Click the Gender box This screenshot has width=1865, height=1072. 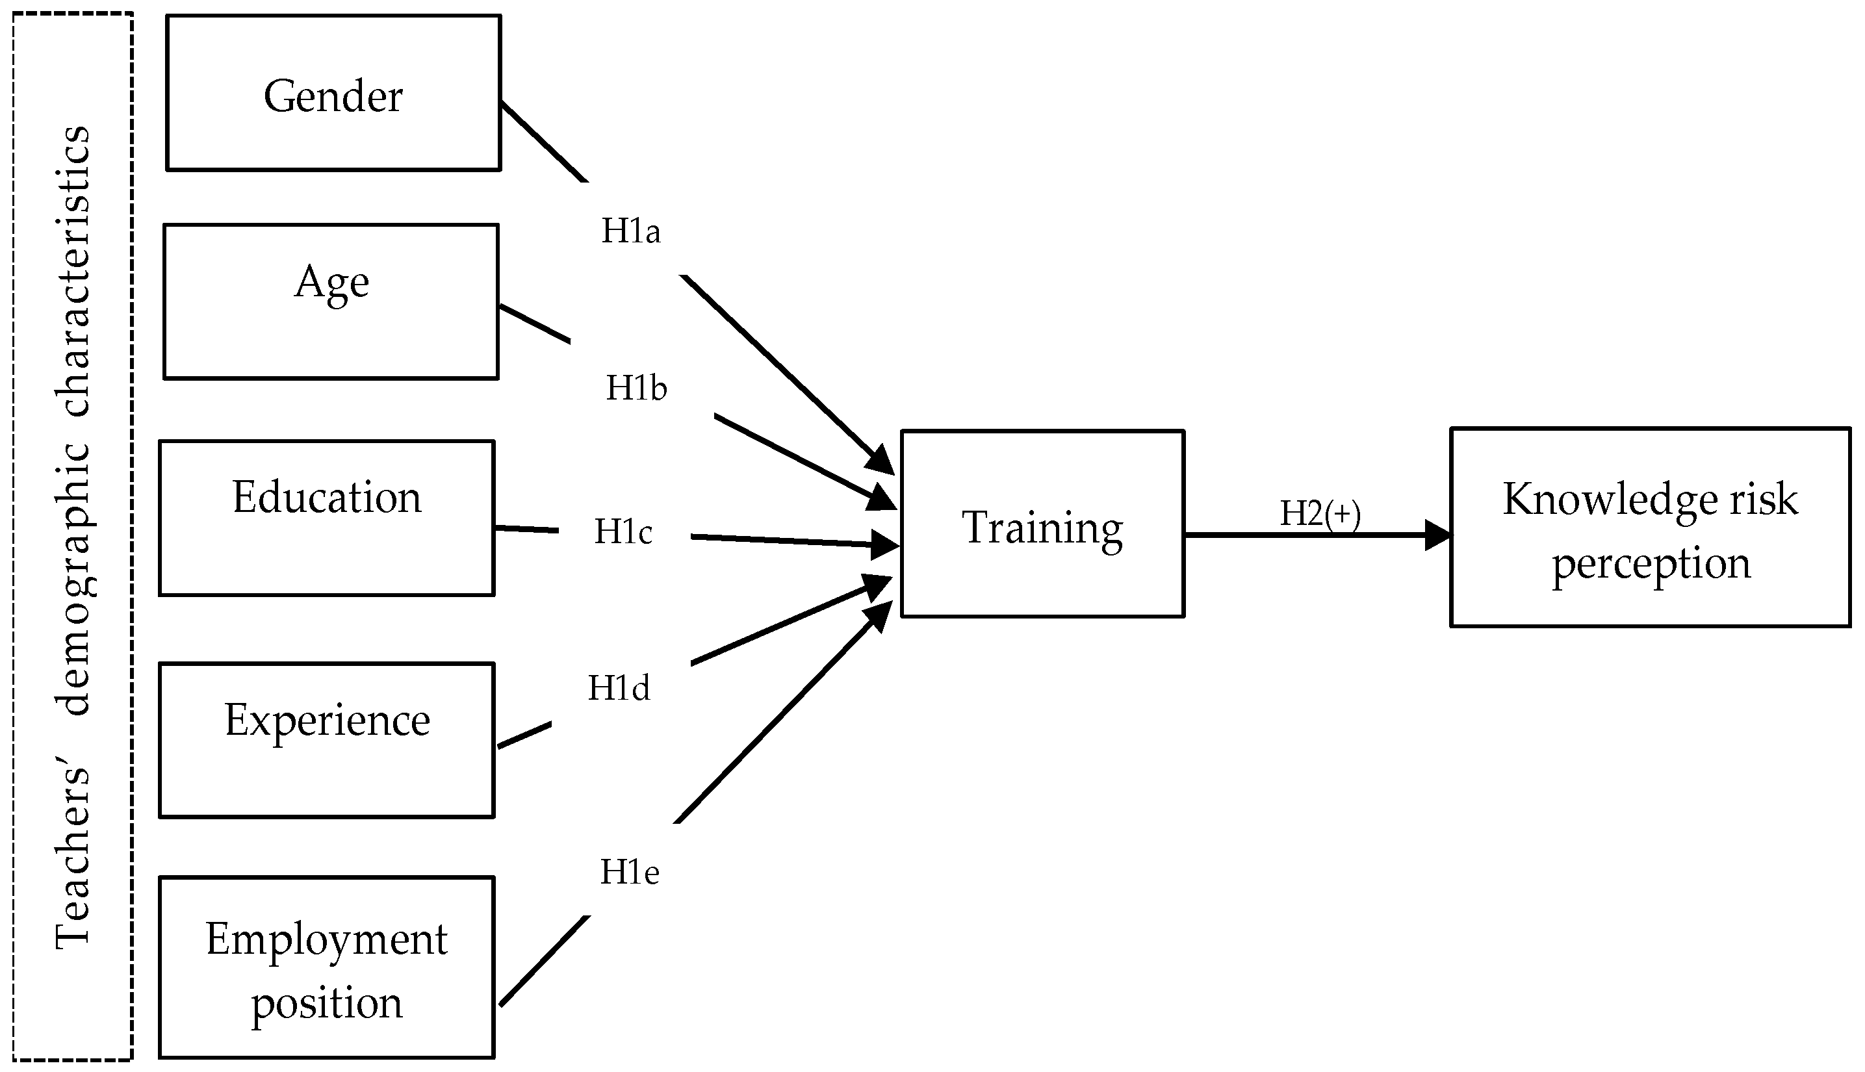point(333,94)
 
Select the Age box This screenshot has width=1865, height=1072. point(331,302)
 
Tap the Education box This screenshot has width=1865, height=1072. point(326,518)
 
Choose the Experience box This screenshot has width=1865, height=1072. point(326,739)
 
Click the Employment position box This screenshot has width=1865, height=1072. point(326,967)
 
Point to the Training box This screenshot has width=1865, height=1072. point(1042,524)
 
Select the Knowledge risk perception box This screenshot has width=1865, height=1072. point(1649,527)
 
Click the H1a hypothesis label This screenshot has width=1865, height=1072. point(630,231)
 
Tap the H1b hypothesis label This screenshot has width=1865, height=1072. point(636,388)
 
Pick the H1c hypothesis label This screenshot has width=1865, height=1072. point(623,531)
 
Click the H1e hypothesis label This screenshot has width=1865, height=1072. point(630,873)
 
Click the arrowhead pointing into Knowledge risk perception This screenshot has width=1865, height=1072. point(1437,535)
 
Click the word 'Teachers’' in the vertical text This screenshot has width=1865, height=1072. point(73,858)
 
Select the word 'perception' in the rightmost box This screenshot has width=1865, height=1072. point(1651,564)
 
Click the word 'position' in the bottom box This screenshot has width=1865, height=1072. point(326,1002)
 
